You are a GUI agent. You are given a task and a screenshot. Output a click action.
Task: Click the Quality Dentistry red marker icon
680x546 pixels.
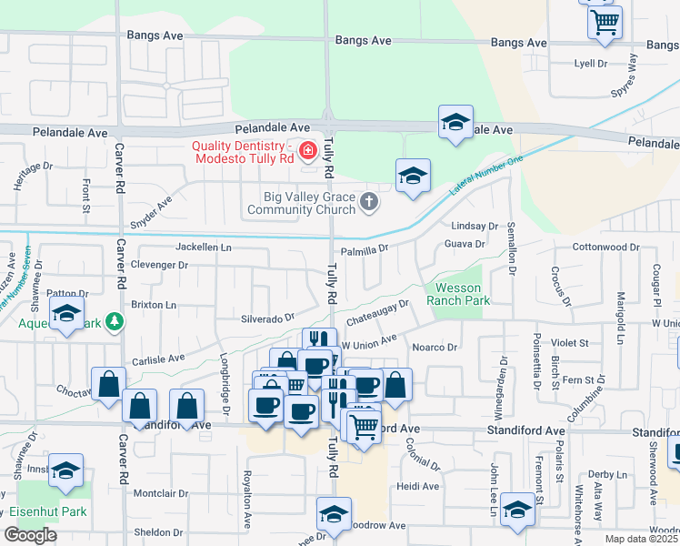(308, 150)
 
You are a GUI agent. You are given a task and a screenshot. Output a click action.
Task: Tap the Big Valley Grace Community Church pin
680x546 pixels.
(368, 201)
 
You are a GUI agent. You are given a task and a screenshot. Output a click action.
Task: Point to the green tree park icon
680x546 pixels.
(115, 321)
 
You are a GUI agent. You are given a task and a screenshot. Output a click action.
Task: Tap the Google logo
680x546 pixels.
(30, 534)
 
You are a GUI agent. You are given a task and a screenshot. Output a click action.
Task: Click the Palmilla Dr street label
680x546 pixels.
(364, 248)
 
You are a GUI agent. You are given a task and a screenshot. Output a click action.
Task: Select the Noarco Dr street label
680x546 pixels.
(435, 347)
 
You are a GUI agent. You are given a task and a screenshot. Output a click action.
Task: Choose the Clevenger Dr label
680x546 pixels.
(159, 266)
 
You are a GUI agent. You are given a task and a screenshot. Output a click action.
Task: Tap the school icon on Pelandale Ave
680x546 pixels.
(455, 125)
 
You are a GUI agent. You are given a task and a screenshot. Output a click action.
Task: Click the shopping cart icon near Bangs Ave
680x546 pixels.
(605, 22)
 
